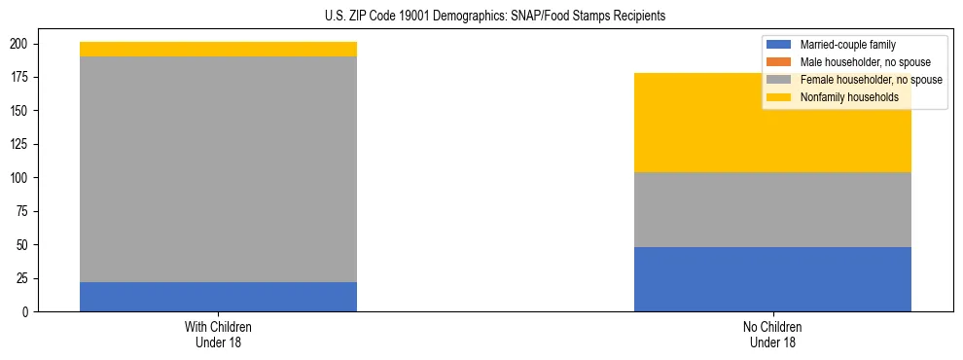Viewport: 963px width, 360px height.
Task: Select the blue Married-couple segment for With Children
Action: click(x=218, y=297)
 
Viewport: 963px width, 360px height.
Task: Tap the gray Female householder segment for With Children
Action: click(x=218, y=169)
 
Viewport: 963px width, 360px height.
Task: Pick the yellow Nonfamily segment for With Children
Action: click(x=218, y=50)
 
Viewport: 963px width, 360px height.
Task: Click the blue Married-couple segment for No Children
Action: click(x=772, y=279)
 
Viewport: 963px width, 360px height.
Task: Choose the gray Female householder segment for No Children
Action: click(x=772, y=209)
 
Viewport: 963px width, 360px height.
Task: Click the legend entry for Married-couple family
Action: click(x=847, y=45)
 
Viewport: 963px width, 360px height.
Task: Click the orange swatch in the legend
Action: click(x=780, y=62)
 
